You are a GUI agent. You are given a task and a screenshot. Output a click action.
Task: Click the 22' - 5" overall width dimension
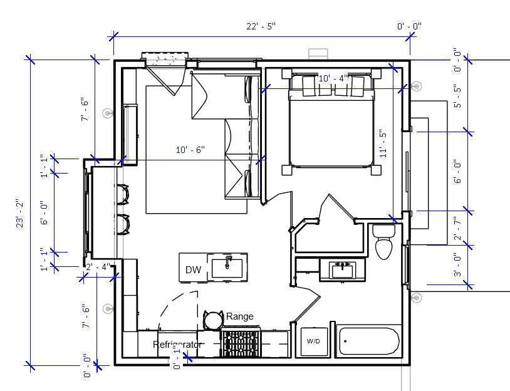click(260, 26)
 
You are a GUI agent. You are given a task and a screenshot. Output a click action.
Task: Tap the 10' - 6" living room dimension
click(190, 150)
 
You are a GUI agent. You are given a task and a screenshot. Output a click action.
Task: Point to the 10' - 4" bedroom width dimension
click(333, 78)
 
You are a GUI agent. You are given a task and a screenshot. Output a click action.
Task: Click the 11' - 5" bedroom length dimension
click(384, 143)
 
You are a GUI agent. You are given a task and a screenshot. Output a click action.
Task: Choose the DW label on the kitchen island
click(193, 270)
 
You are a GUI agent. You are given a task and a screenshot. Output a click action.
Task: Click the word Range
click(240, 316)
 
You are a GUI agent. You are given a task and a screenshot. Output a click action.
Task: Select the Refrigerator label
click(178, 345)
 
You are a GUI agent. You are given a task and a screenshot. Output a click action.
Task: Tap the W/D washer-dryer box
click(313, 341)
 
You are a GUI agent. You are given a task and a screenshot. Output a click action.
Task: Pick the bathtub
click(368, 342)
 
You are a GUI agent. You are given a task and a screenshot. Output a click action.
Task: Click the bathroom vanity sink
click(342, 270)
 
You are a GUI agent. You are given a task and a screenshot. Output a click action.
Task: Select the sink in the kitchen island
click(227, 266)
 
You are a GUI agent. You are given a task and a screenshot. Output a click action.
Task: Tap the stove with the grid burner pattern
click(241, 345)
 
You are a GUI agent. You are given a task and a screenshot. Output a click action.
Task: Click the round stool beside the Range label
click(214, 320)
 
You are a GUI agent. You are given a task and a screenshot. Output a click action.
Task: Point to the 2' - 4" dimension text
click(98, 267)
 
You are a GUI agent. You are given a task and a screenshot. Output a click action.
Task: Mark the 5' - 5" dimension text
click(457, 97)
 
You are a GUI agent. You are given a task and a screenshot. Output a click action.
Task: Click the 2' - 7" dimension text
click(457, 228)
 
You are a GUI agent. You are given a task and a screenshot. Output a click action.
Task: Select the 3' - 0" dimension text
click(457, 265)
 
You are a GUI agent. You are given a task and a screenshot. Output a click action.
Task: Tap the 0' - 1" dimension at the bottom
click(177, 359)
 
